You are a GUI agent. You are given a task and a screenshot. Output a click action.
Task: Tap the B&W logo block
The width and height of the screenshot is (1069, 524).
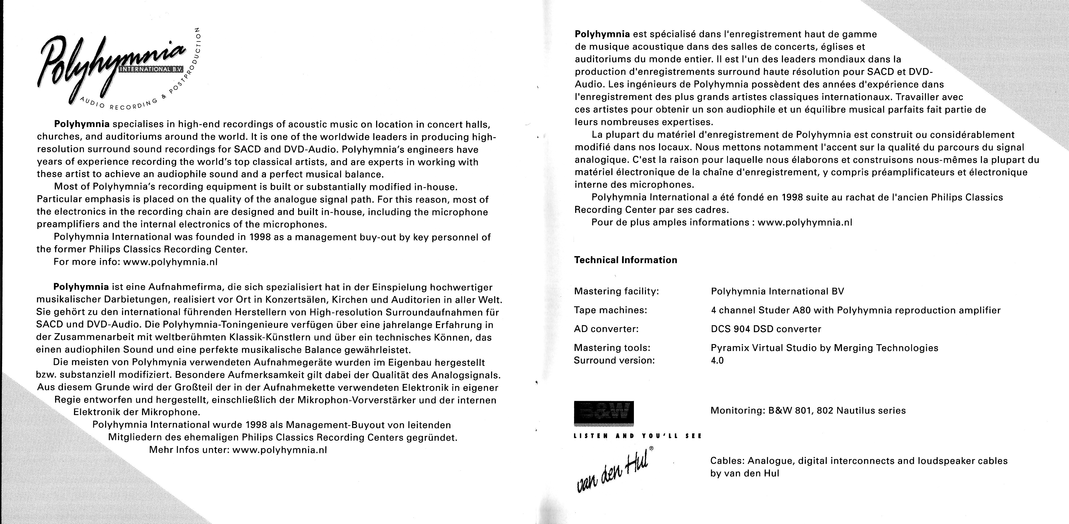(x=604, y=413)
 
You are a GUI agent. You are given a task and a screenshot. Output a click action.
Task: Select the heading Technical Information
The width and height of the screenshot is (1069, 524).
(x=625, y=260)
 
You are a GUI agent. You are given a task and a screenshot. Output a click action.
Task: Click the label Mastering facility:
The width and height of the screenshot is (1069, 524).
(x=616, y=292)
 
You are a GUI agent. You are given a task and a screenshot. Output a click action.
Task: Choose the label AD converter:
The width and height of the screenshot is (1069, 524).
(x=606, y=329)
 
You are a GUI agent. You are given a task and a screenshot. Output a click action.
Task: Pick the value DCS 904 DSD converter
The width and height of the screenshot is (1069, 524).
(x=766, y=329)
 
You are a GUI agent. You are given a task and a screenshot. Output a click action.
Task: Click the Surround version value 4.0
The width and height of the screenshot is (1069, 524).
(x=717, y=361)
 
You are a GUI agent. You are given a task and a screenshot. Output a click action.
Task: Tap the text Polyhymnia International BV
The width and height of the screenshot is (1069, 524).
(x=777, y=292)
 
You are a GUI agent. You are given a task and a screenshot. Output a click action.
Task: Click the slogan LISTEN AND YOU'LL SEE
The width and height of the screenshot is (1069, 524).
(x=637, y=436)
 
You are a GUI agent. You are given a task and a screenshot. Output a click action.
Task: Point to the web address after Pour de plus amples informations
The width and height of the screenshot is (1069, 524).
(x=805, y=222)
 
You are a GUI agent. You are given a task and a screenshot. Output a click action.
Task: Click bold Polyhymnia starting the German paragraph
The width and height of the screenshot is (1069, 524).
(x=81, y=287)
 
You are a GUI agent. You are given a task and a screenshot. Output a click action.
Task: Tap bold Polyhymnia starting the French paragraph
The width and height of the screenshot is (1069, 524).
(x=602, y=34)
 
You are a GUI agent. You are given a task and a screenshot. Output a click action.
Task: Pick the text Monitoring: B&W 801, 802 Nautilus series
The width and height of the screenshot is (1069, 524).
(x=808, y=411)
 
